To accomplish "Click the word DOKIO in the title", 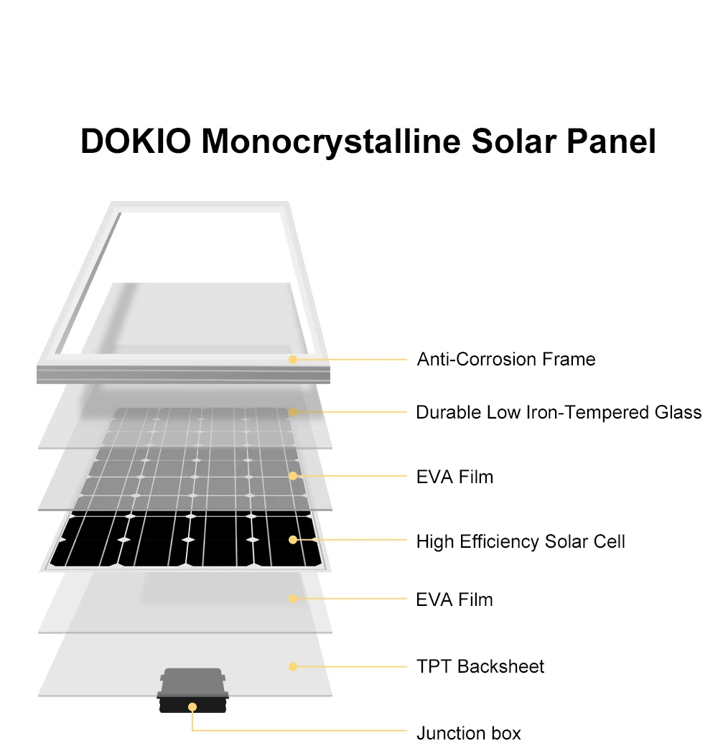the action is point(135,141).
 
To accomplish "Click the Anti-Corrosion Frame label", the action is point(506,358).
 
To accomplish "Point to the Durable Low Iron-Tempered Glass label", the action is point(559,412).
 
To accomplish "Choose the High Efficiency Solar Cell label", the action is point(521,541).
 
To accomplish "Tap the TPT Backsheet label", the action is point(480,666).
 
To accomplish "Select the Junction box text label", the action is point(468,733).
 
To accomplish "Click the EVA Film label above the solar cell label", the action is point(454,477).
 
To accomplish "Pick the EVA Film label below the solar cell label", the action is point(454,599).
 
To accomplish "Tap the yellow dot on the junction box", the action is point(192,707).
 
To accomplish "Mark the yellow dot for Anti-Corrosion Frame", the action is point(293,358).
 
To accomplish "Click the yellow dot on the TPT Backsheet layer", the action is point(293,667).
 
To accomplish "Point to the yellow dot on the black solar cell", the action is point(293,539).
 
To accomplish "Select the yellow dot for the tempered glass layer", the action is point(293,412).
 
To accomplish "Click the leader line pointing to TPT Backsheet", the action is point(352,667).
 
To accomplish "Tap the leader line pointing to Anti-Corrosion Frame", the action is point(352,358).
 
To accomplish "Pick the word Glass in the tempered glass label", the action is point(678,412).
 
